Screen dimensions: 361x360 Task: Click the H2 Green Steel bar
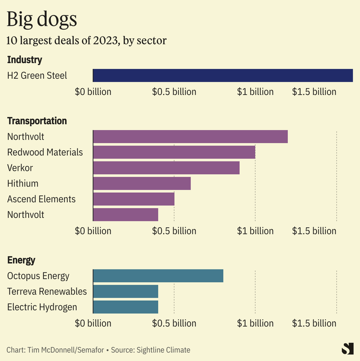coord(223,75)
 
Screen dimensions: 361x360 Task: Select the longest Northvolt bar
coord(190,137)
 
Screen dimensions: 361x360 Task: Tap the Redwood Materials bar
coord(174,152)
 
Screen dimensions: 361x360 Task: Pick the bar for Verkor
coord(166,168)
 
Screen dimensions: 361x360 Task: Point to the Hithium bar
coord(142,183)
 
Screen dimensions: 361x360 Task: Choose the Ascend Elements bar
coord(133,199)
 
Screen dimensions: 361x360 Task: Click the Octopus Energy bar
coord(158,276)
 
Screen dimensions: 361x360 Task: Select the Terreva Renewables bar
coord(126,291)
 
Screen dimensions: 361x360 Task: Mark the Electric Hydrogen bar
coord(126,307)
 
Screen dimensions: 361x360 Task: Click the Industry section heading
coord(24,60)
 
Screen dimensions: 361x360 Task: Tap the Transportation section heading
coord(37,121)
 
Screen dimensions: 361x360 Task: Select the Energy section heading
coord(21,260)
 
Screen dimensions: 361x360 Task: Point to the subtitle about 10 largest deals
coord(87,40)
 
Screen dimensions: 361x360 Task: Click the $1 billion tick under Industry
coord(255,92)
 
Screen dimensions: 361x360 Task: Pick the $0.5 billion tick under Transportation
coord(174,231)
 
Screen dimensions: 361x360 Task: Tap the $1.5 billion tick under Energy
coord(314,323)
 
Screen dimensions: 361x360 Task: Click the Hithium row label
coord(23,183)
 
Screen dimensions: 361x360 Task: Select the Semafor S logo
coord(347,349)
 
